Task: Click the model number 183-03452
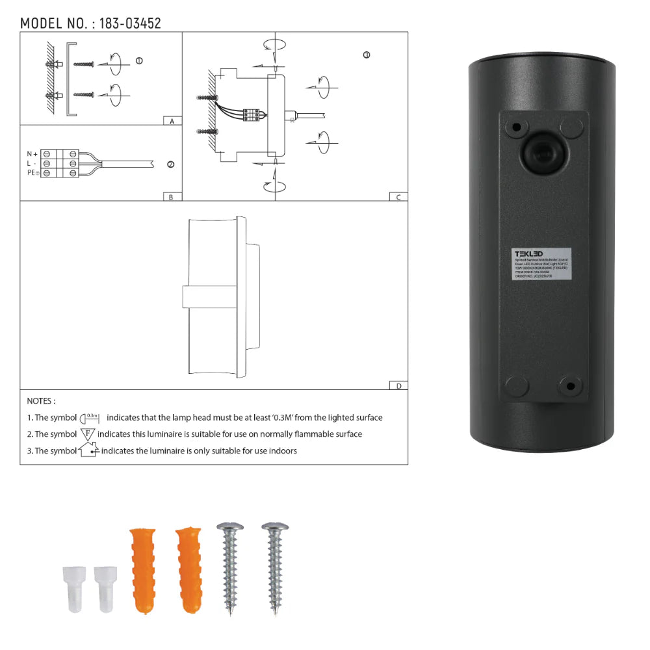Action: [x=129, y=23]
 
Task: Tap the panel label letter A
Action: [x=171, y=122]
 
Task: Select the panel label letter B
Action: [x=171, y=197]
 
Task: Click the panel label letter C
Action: [x=398, y=197]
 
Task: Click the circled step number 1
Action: [x=139, y=60]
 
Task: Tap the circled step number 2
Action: [x=171, y=164]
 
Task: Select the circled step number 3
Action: [x=367, y=55]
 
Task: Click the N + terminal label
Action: [x=31, y=153]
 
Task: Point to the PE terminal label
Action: [x=32, y=172]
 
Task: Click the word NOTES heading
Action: [x=41, y=402]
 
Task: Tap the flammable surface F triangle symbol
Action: [x=88, y=434]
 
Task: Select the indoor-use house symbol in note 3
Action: [x=88, y=450]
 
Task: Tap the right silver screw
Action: [x=275, y=567]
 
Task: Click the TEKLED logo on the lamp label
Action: [x=528, y=253]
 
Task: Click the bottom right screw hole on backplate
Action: [x=571, y=386]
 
